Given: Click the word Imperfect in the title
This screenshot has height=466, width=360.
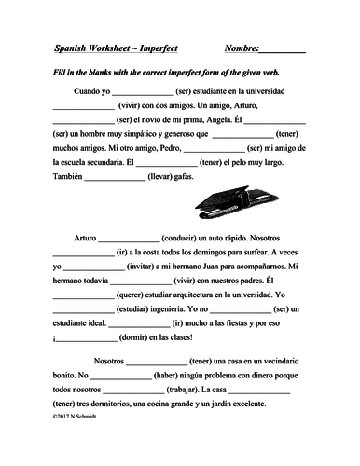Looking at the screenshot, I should pos(171,47).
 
